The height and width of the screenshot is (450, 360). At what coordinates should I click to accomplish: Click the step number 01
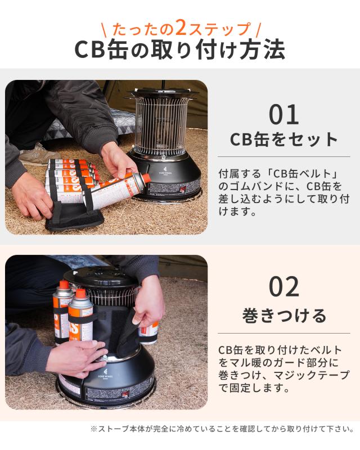283,115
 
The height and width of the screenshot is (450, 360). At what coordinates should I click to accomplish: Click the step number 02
284,286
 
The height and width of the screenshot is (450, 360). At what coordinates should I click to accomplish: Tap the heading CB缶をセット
284,139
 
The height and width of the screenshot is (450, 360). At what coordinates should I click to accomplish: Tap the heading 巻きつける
284,316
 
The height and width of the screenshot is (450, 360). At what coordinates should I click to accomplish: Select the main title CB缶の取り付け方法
179,49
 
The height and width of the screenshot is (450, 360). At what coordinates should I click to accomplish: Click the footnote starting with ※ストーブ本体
222,429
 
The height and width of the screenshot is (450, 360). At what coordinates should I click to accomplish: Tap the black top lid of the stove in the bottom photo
101,277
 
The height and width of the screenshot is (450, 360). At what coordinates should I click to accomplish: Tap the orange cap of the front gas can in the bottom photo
80,293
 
